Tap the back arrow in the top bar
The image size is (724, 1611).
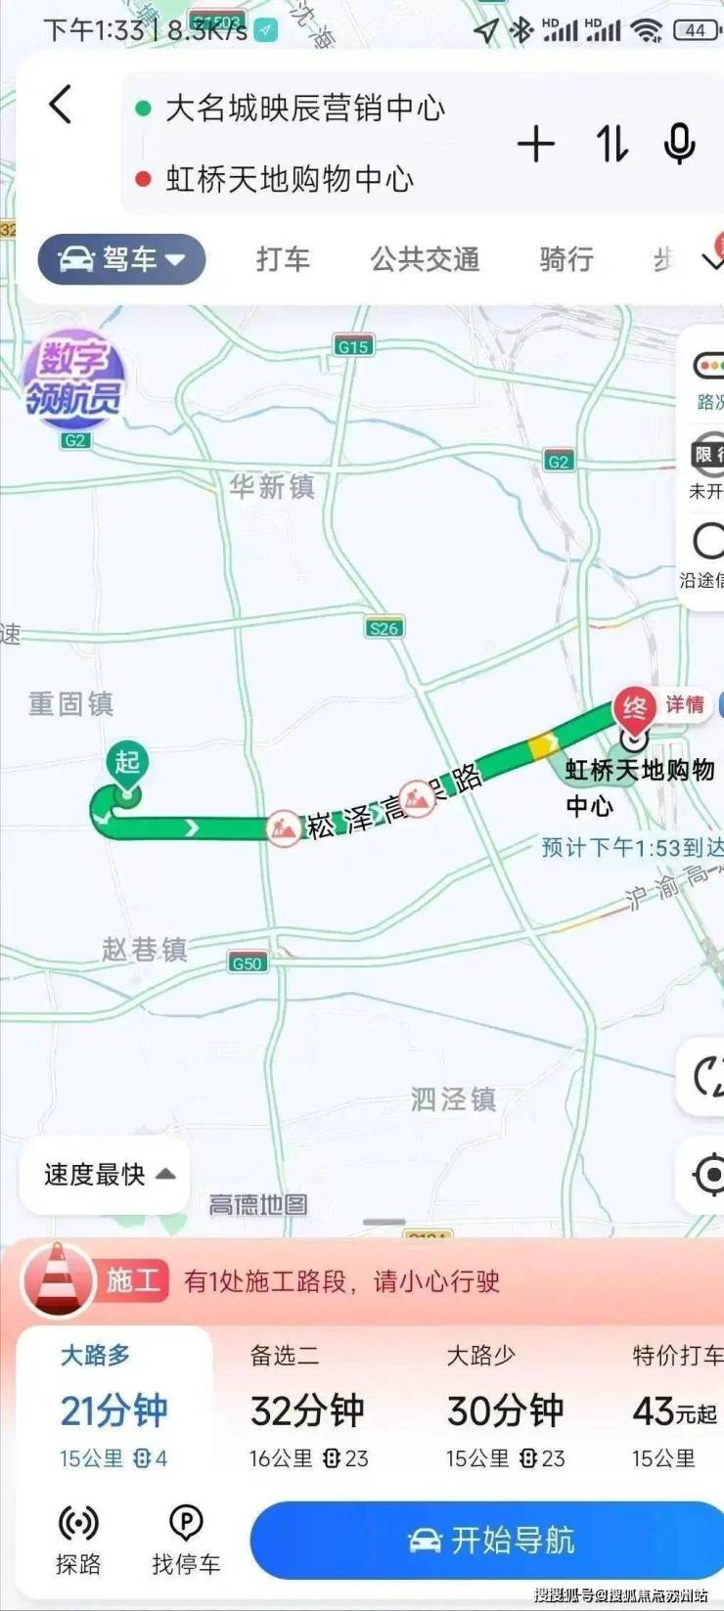coord(61,104)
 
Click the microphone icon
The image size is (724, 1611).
coord(679,145)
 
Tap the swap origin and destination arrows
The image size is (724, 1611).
coord(612,145)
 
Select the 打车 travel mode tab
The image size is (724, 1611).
coord(283,259)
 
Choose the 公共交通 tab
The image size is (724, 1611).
coord(425,259)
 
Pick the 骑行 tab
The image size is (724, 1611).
coord(566,259)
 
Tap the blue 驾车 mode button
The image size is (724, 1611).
coord(121,259)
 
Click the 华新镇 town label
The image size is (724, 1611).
coord(272,487)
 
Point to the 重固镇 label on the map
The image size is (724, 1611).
coord(70,703)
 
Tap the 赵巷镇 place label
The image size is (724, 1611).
coord(144,949)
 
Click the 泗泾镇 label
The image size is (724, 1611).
coord(453,1099)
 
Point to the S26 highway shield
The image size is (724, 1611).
coord(385,628)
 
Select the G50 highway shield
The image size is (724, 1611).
coord(247,962)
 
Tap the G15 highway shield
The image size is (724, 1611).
coord(352,346)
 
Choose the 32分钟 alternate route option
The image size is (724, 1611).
coord(307,1410)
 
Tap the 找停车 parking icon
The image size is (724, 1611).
coord(186,1539)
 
